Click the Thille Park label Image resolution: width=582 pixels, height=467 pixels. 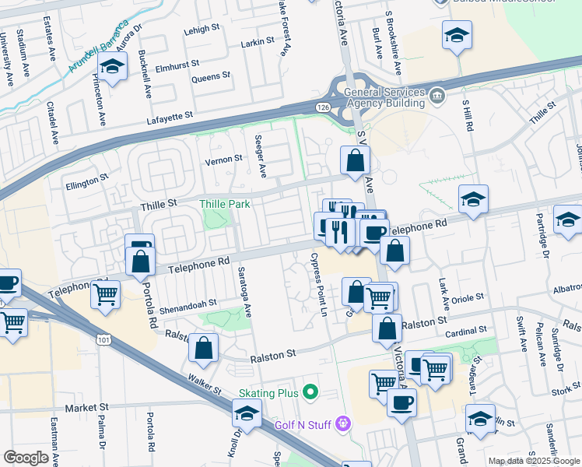pos(224,204)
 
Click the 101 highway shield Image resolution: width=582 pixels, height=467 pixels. pos(103,340)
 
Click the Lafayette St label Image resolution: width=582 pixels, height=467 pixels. pos(169,117)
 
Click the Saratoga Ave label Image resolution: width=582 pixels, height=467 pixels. pos(248,299)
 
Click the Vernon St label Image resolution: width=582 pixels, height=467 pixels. pos(223,160)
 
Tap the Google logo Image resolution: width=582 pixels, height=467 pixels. pos(25,458)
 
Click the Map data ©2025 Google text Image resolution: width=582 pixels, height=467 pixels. pos(533,461)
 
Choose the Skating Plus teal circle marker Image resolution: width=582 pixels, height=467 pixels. pos(312,391)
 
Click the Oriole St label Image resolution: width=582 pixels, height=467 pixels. pos(468,297)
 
